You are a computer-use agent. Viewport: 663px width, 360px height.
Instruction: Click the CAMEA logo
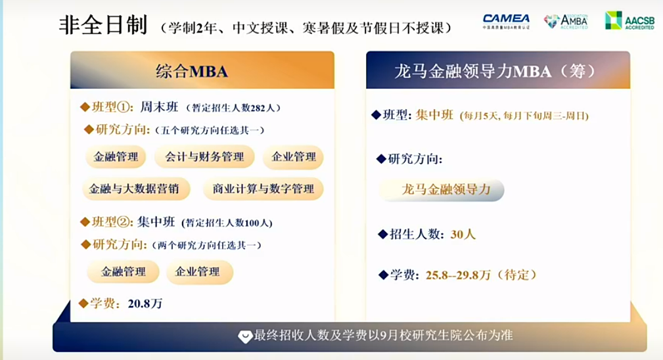point(506,22)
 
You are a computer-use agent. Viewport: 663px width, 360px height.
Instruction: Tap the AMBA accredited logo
point(566,21)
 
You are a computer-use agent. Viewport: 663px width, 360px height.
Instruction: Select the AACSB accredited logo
point(629,20)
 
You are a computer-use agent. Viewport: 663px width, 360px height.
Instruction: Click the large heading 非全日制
point(103,25)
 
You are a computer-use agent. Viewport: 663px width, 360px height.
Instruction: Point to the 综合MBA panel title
point(192,71)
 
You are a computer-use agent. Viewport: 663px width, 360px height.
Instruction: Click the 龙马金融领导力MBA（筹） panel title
point(495,71)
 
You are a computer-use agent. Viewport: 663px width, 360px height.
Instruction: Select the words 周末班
point(160,107)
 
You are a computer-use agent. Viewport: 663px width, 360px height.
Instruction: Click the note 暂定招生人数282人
point(234,108)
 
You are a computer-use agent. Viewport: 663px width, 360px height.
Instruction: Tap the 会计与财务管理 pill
point(204,157)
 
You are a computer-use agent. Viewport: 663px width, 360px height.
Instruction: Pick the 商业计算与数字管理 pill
point(263,189)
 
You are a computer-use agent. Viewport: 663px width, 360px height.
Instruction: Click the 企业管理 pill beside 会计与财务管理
point(294,157)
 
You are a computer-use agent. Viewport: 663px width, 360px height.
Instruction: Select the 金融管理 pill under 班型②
point(123,272)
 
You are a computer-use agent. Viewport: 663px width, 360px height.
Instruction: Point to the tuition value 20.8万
point(145,304)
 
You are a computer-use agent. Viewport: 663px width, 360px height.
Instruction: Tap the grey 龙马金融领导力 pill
point(442,190)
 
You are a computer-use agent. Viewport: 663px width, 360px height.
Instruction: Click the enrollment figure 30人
point(463,234)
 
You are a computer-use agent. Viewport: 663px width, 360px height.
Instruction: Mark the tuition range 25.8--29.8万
point(458,275)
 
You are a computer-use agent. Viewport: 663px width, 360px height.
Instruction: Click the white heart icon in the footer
point(245,336)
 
